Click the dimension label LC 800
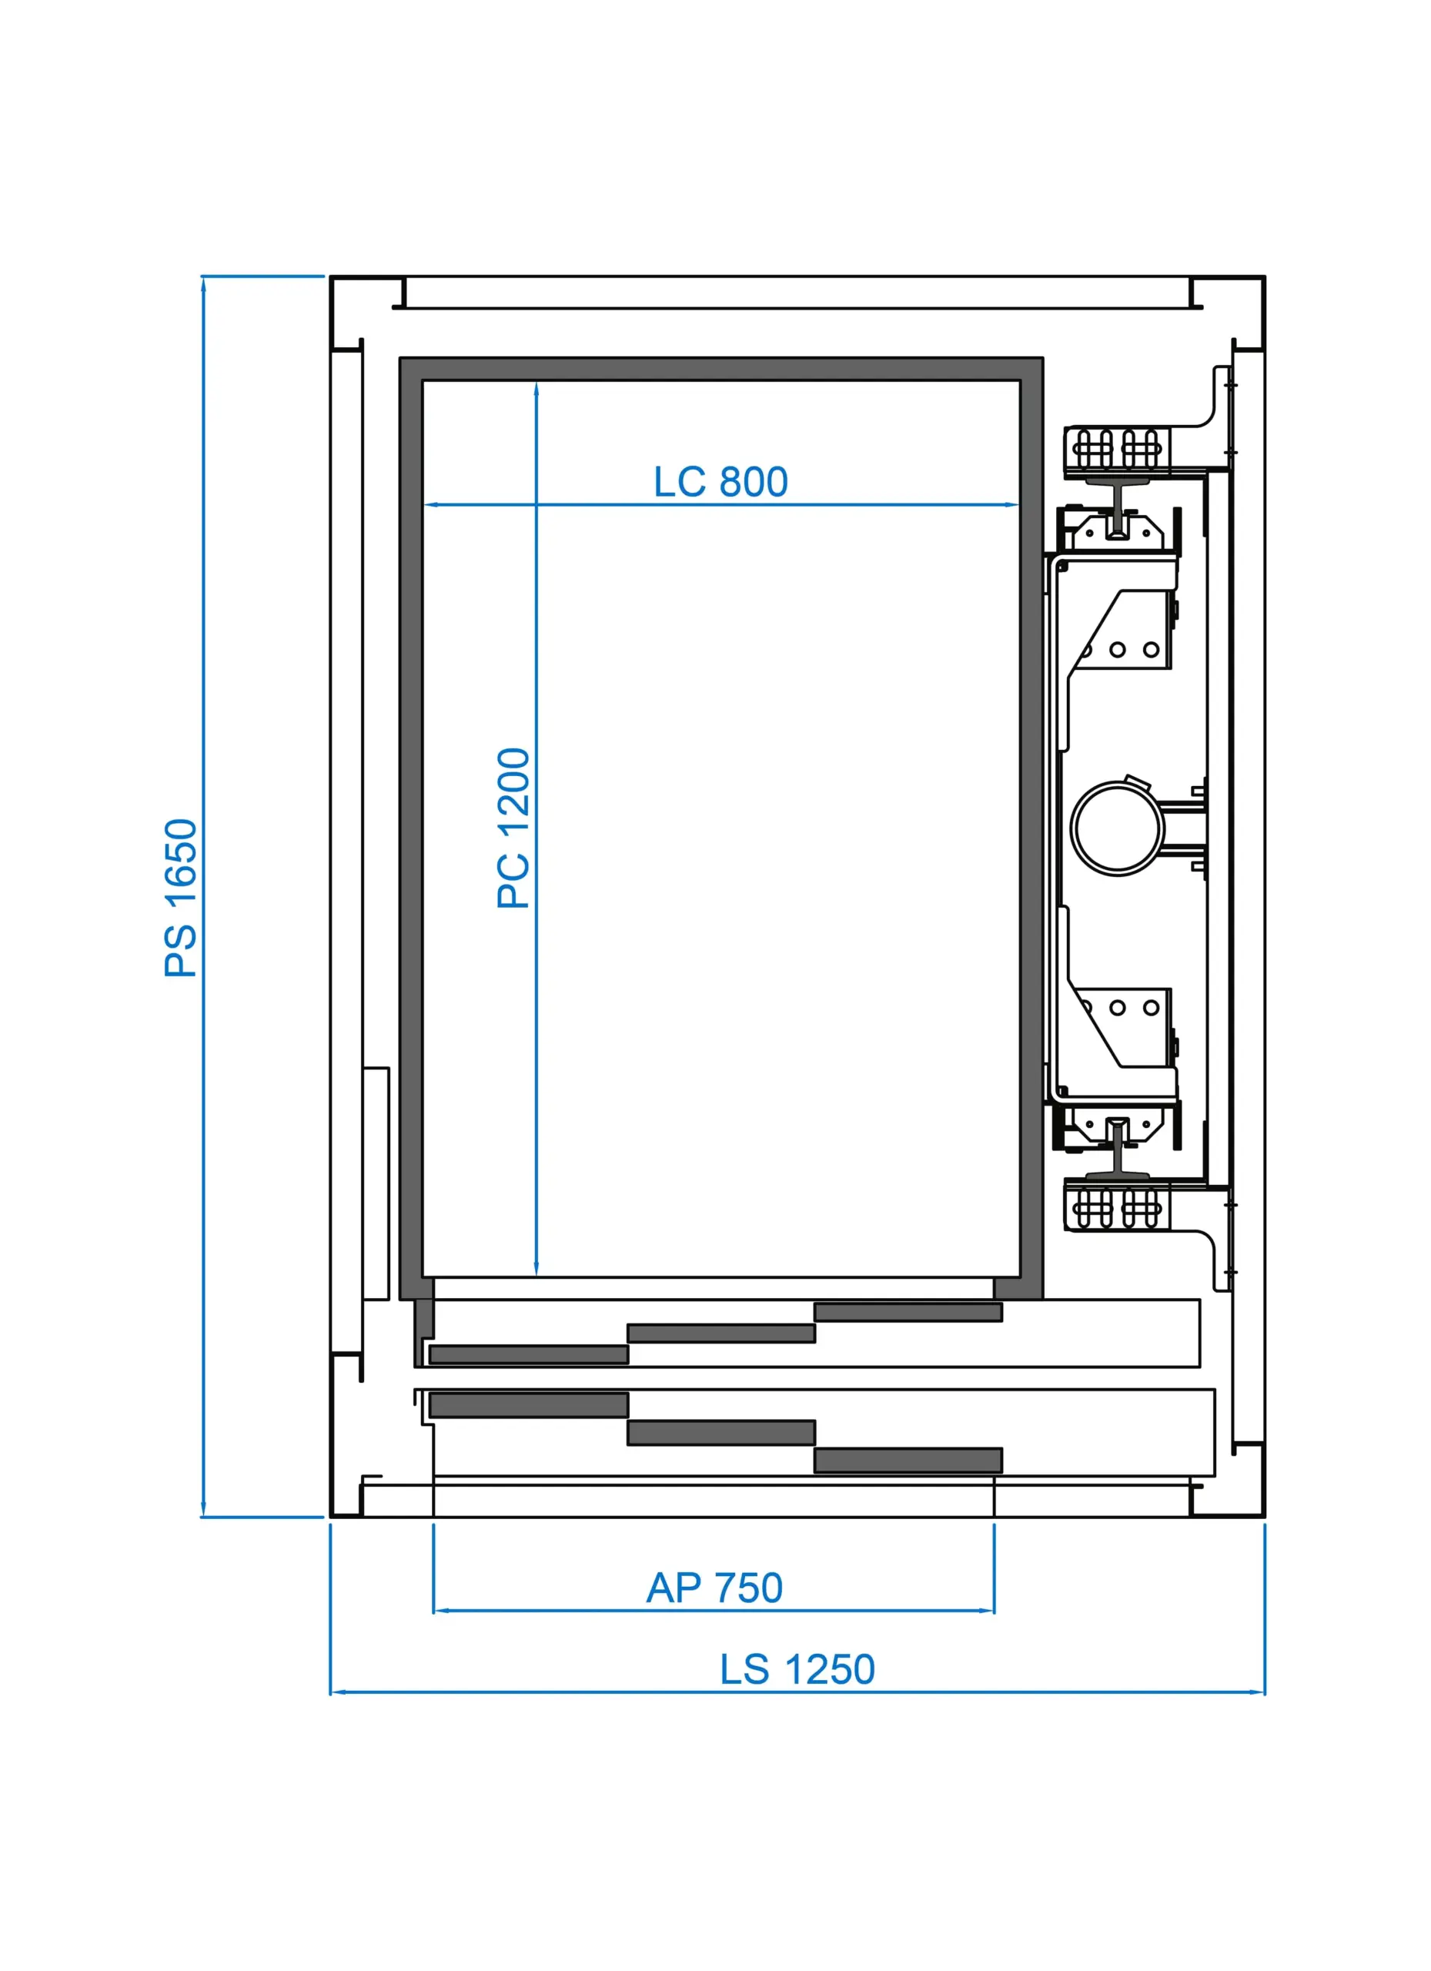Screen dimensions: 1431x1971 [721, 482]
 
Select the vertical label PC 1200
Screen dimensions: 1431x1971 [513, 828]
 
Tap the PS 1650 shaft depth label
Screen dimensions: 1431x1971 [181, 898]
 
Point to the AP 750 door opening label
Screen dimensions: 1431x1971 [714, 1588]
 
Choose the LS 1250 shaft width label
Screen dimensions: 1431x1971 [797, 1669]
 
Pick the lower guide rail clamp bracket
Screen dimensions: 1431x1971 [1118, 1206]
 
